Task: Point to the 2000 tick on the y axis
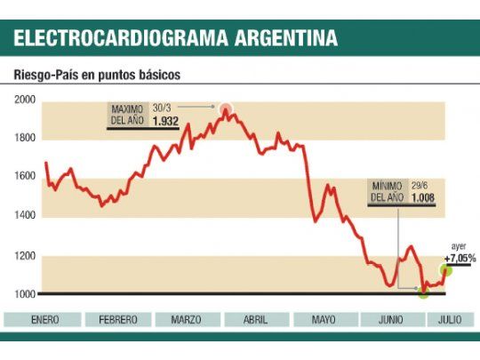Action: tap(24, 100)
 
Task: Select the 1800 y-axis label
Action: tap(24, 138)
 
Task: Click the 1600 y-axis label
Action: tap(24, 176)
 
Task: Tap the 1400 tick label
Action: tap(24, 215)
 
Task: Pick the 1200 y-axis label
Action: tap(24, 256)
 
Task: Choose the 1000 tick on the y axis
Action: tap(24, 294)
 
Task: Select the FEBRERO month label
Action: tap(118, 320)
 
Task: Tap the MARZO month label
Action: tap(186, 320)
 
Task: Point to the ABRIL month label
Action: tap(254, 320)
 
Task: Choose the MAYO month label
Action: tap(324, 320)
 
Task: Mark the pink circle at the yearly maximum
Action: tap(226, 110)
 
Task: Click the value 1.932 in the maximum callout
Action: tap(166, 120)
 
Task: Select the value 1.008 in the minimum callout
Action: tap(423, 197)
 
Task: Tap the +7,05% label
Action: tap(460, 258)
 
